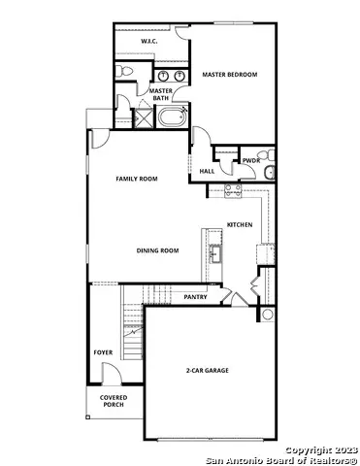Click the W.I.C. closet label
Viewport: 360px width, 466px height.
click(149, 42)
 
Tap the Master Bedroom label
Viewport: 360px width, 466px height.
click(230, 74)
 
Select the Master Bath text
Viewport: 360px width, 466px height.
click(161, 94)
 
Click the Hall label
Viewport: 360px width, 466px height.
click(207, 172)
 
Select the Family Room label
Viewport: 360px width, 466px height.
click(137, 179)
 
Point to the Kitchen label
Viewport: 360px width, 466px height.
click(240, 224)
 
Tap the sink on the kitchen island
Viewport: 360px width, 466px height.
click(214, 254)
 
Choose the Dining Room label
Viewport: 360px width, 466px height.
click(157, 250)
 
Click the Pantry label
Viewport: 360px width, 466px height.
click(195, 297)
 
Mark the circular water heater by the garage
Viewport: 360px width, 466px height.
click(268, 315)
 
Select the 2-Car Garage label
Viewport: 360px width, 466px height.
click(208, 371)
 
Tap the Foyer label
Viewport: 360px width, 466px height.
click(103, 352)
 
